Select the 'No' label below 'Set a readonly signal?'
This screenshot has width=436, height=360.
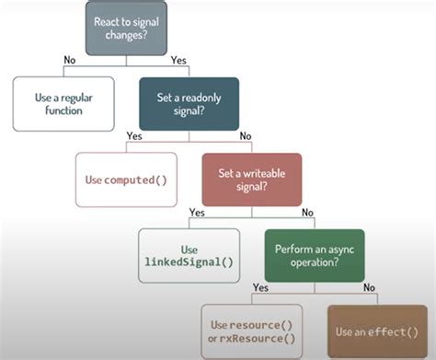244,137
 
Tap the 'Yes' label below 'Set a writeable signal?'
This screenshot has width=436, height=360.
197,213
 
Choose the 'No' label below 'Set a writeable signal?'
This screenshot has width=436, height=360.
306,213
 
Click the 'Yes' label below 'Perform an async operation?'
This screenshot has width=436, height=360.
259,288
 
